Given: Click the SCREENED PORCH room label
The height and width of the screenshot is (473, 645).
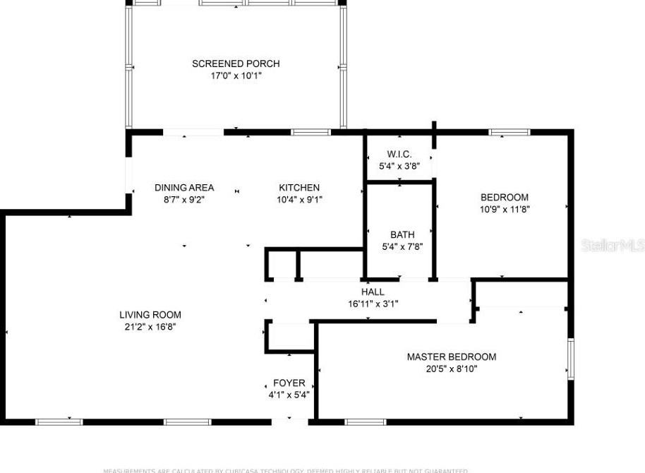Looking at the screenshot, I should (x=236, y=64).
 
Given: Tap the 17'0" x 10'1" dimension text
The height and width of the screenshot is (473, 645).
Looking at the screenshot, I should (x=236, y=76).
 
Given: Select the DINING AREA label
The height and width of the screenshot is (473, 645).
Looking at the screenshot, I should (x=184, y=188).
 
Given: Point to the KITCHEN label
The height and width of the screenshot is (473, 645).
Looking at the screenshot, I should (x=299, y=188).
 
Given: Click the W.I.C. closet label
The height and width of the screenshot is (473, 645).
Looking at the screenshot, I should (x=399, y=155).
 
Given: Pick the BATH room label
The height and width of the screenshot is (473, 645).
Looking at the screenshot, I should (x=402, y=234).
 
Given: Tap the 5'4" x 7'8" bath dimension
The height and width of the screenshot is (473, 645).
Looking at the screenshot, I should (x=402, y=246).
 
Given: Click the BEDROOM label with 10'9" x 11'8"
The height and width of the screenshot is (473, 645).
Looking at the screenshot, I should (x=504, y=197).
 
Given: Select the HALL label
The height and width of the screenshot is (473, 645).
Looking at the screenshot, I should (x=373, y=292).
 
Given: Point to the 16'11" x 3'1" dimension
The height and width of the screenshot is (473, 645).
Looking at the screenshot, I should (x=373, y=304).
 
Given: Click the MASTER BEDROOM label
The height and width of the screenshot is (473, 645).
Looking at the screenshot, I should (x=451, y=357).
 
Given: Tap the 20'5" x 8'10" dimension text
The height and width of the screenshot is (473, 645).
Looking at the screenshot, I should (x=451, y=369).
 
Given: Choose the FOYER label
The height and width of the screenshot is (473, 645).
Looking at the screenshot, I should (x=289, y=383).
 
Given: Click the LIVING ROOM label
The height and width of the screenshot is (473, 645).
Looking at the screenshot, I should (x=150, y=315).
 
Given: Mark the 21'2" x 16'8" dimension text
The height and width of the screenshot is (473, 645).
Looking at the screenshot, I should (x=150, y=327).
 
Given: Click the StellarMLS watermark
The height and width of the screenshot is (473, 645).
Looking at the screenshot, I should (x=612, y=245).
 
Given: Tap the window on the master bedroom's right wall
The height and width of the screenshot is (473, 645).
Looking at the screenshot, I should (x=570, y=359).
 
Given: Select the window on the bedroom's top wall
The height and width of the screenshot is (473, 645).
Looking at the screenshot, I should (x=510, y=132).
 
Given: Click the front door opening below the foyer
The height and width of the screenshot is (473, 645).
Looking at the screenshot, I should (x=289, y=421).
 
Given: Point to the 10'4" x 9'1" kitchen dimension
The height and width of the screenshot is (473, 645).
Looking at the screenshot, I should (x=299, y=200).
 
